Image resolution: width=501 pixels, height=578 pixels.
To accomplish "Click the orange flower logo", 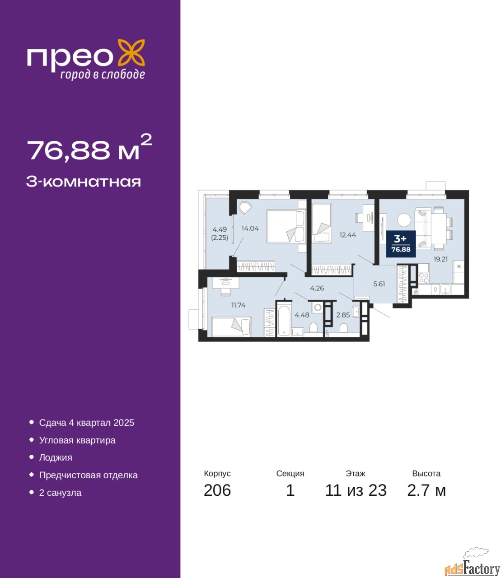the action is point(131,53).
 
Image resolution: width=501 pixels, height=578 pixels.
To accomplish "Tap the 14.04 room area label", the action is point(250,228).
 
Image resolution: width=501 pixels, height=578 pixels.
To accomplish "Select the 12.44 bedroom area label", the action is point(348,235).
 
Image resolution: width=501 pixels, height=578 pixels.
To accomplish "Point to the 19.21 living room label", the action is point(440,259).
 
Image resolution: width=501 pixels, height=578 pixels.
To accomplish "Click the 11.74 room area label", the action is point(239,305).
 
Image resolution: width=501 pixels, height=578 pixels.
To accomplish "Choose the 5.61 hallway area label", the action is point(379,284).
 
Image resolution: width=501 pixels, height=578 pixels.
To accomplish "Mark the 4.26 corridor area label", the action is point(317,288).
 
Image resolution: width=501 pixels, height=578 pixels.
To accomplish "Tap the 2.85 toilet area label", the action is point(343,315).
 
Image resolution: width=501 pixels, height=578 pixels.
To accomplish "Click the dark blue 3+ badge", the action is point(401,244).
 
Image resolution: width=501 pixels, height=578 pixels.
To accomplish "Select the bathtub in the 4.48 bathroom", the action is point(284,321).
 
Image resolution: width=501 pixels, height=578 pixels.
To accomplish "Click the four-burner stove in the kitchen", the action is point(423,278).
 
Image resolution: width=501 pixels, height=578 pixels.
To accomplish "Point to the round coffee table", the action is point(404,220).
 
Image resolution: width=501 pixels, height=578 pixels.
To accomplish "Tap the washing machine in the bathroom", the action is point(318,308).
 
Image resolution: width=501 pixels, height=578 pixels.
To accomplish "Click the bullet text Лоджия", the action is point(56,458).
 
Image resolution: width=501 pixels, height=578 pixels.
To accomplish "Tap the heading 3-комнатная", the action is point(84,182).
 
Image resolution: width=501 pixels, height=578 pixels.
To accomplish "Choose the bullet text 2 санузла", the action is point(60,493).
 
